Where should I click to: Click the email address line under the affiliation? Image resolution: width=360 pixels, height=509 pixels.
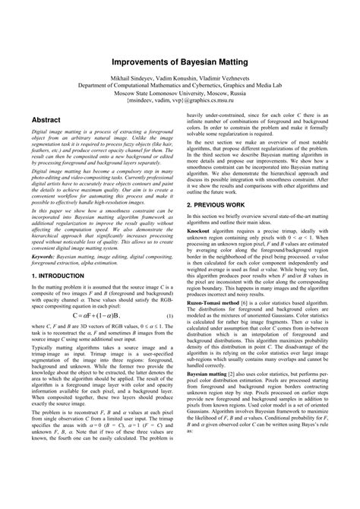[180, 100]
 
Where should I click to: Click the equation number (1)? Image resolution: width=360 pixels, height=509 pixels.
[169, 315]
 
